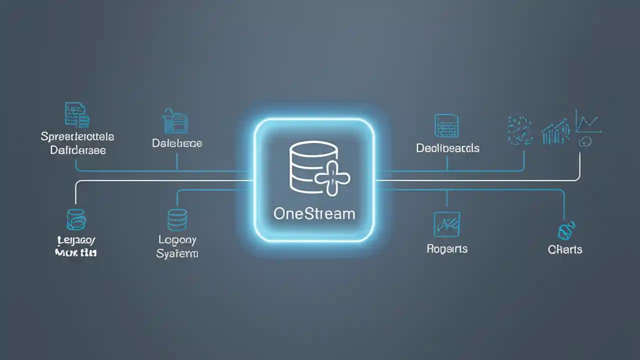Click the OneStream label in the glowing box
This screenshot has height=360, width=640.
point(314,213)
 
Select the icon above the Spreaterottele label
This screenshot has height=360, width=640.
point(77,114)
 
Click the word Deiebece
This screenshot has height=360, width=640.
point(177,143)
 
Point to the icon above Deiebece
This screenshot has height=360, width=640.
point(175,121)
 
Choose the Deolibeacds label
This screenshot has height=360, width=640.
point(447,148)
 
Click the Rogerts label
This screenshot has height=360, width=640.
point(447,248)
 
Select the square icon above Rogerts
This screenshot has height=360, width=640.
point(446,224)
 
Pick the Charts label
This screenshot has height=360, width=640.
point(565,249)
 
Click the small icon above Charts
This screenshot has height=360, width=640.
point(564,230)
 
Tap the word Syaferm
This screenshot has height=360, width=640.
point(177,253)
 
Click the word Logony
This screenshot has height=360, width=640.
point(177,240)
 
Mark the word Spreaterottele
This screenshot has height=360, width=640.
point(77,136)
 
